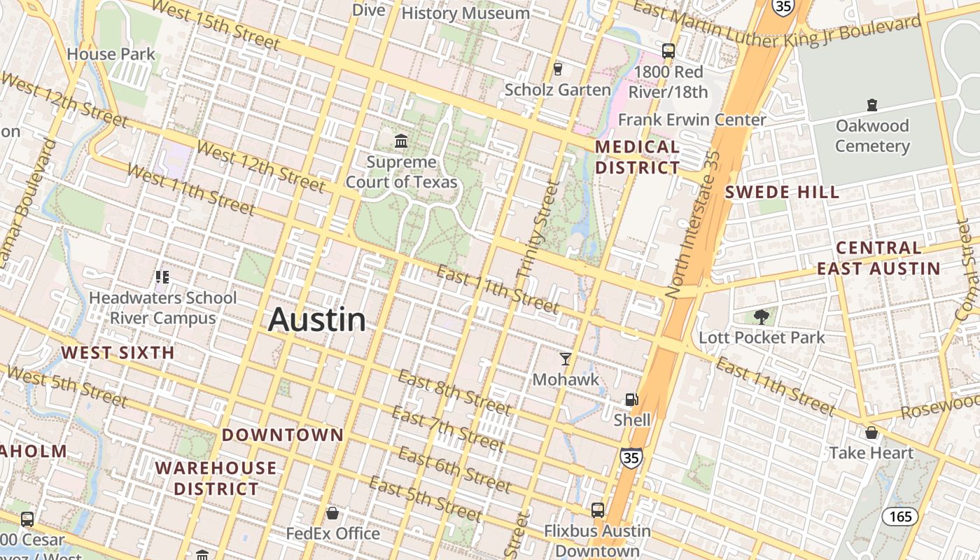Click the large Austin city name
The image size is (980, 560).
(317, 320)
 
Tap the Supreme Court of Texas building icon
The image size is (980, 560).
(401, 141)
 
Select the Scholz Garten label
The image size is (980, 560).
(557, 90)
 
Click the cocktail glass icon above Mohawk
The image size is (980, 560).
(566, 359)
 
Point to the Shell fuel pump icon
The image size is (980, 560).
(631, 400)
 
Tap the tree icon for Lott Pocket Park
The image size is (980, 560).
(762, 317)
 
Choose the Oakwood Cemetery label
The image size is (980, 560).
(872, 136)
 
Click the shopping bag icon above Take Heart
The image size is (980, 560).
(871, 433)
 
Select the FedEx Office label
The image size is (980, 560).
(333, 533)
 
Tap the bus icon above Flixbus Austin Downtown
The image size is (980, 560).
(597, 510)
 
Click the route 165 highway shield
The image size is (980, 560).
(899, 517)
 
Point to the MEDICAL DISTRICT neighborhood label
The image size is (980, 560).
(637, 157)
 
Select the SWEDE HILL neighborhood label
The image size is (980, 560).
(782, 192)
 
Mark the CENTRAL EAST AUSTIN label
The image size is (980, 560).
(878, 258)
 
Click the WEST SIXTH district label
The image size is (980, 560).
(118, 352)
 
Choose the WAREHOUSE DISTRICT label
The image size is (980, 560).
(216, 478)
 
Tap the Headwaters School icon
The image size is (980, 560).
(162, 277)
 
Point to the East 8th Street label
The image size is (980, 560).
(454, 392)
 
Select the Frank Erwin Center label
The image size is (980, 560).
(692, 120)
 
